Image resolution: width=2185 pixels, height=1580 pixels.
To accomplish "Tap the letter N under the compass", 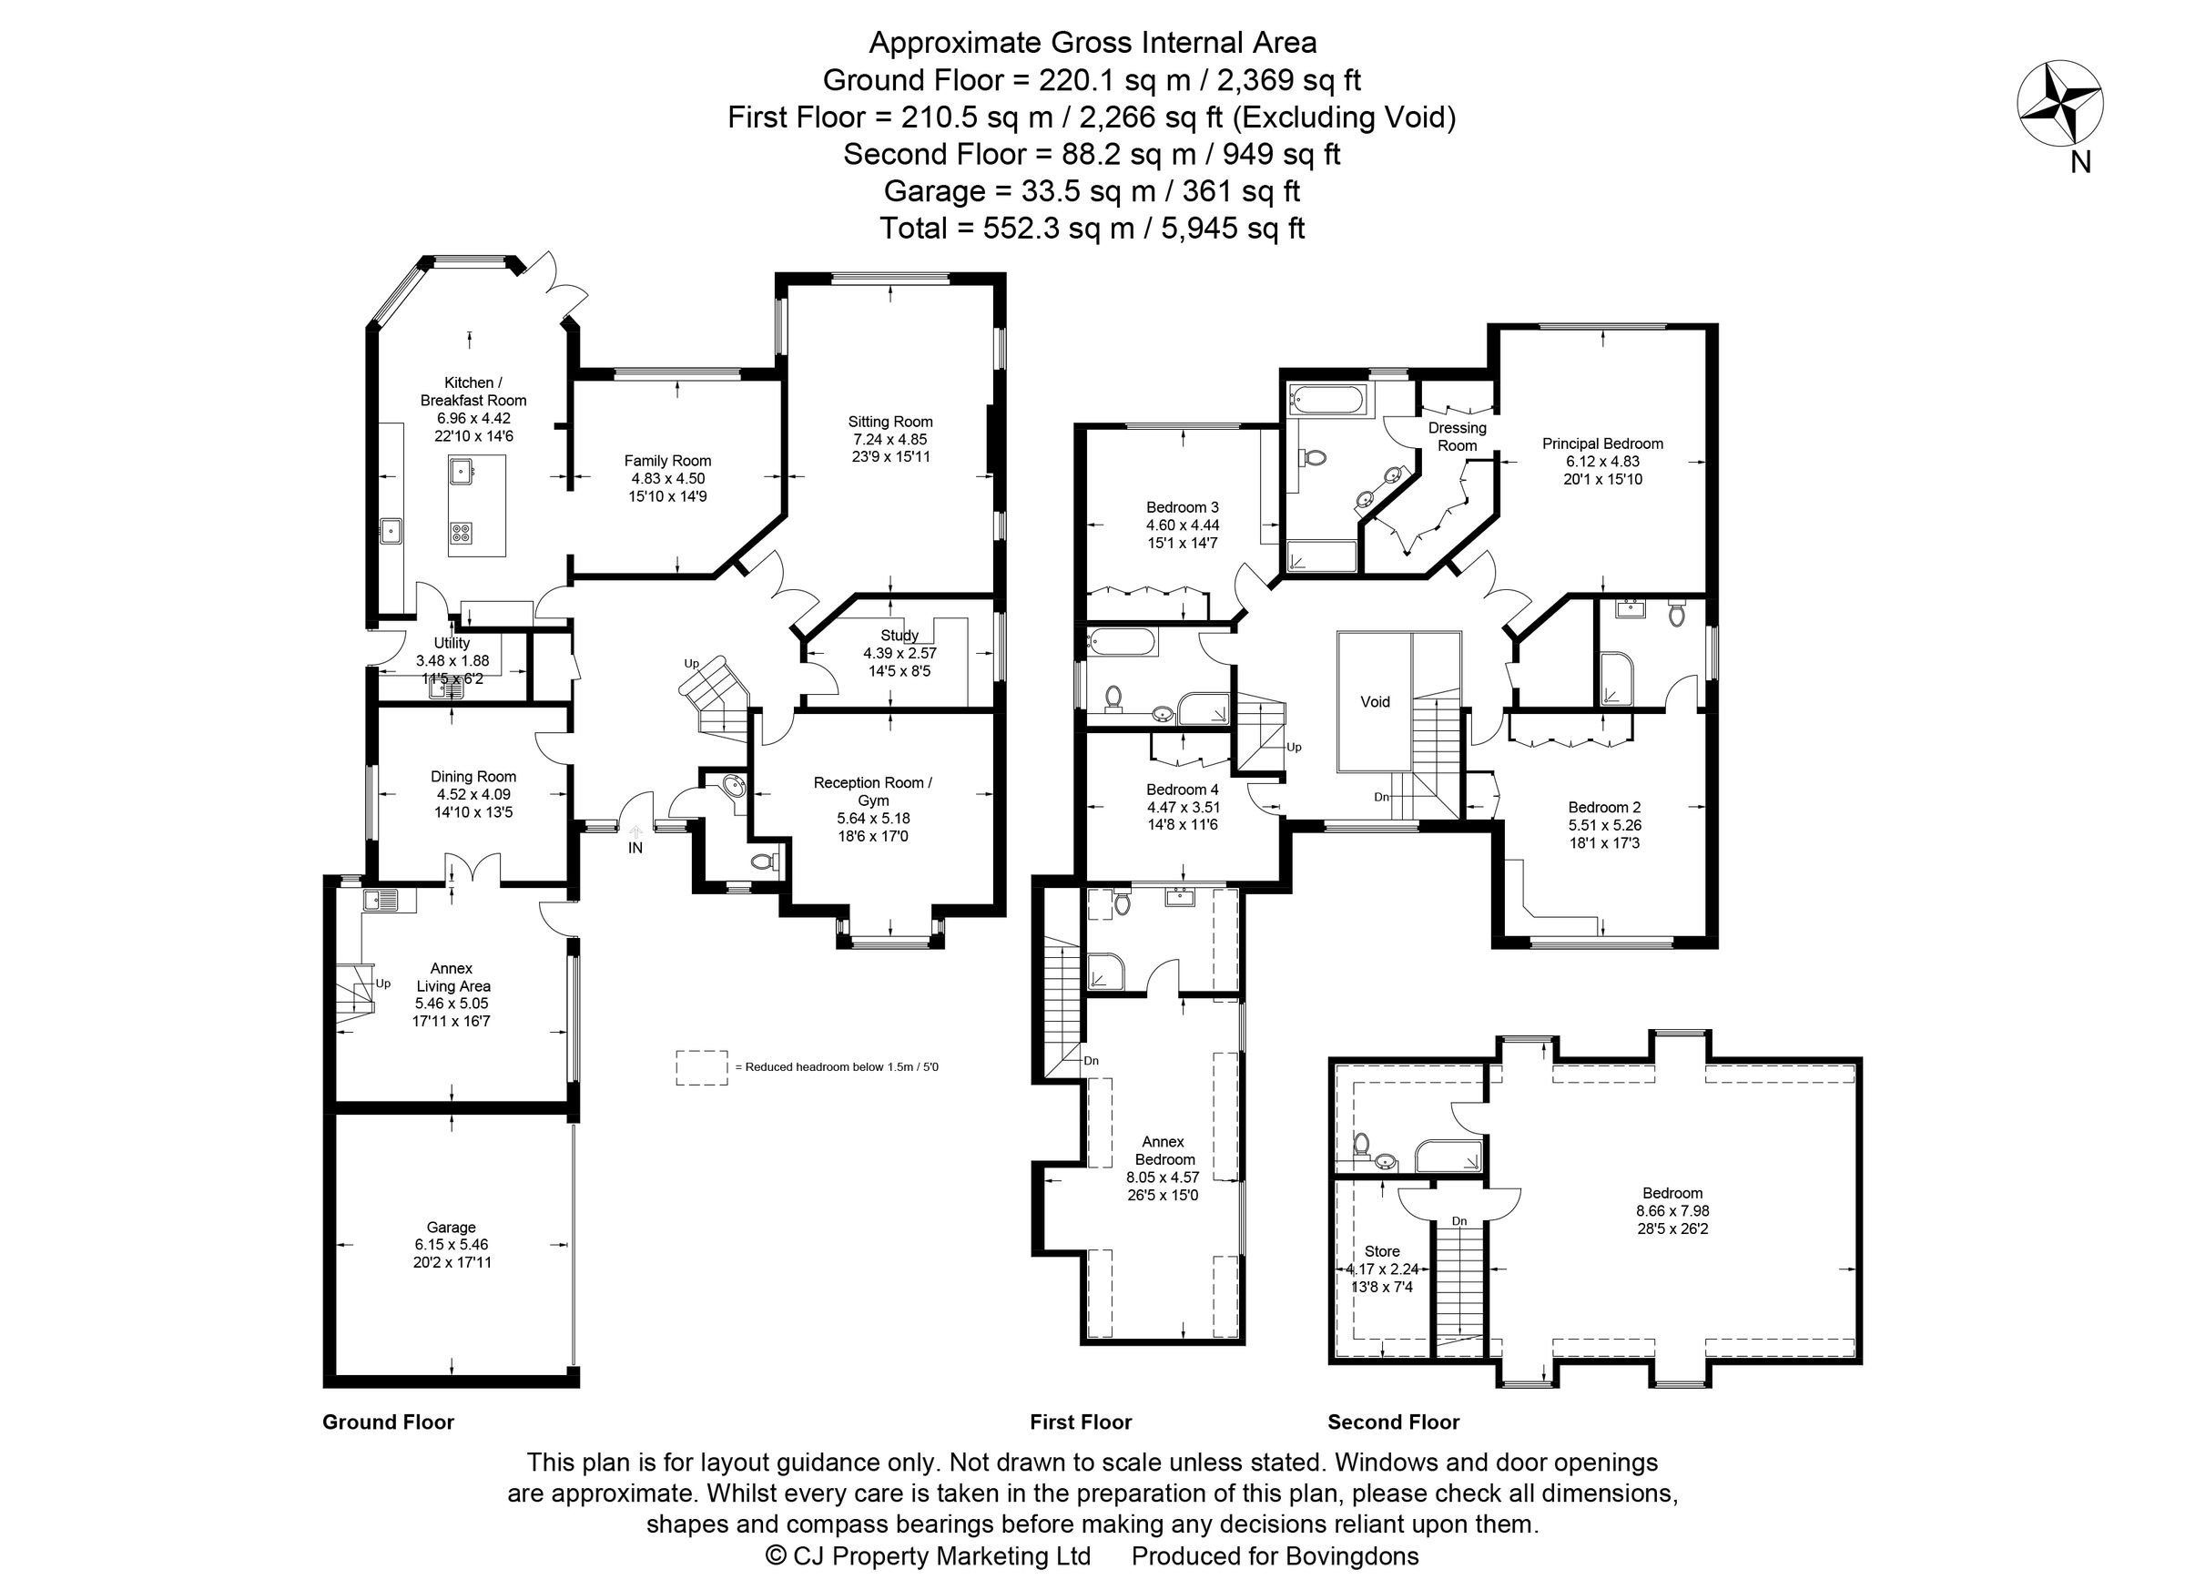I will tap(2080, 164).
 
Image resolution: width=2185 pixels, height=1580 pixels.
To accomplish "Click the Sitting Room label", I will tap(889, 421).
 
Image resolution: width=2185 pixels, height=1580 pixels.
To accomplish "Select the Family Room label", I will tap(666, 461).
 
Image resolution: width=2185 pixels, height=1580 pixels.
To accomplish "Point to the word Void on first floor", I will tap(1375, 701).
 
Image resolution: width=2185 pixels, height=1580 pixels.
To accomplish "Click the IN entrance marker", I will tap(635, 848).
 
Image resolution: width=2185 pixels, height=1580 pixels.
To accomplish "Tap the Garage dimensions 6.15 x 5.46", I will tap(451, 1244).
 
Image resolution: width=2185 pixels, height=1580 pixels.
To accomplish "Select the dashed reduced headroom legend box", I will tap(701, 1068).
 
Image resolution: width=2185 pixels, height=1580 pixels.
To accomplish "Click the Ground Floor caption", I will tap(387, 1422).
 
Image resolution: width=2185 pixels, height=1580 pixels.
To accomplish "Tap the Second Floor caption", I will tap(1393, 1422).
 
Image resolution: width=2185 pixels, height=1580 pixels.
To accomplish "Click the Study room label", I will tap(899, 635).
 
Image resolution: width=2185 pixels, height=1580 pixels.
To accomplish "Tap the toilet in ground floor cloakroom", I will tap(763, 861).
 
